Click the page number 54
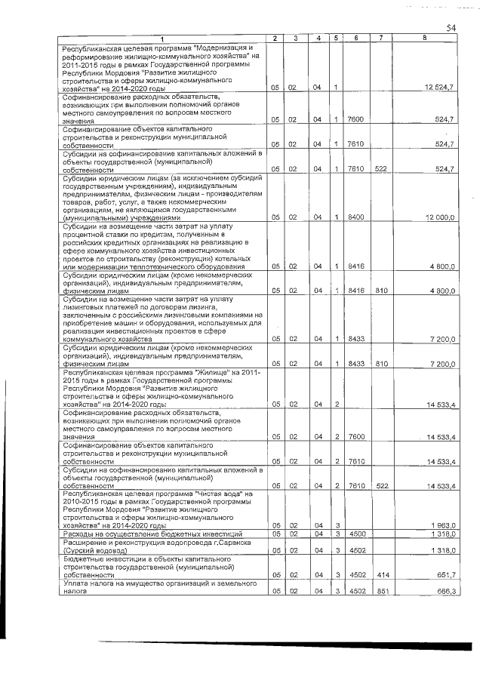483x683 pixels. [451, 28]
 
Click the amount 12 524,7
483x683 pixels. [439, 89]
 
